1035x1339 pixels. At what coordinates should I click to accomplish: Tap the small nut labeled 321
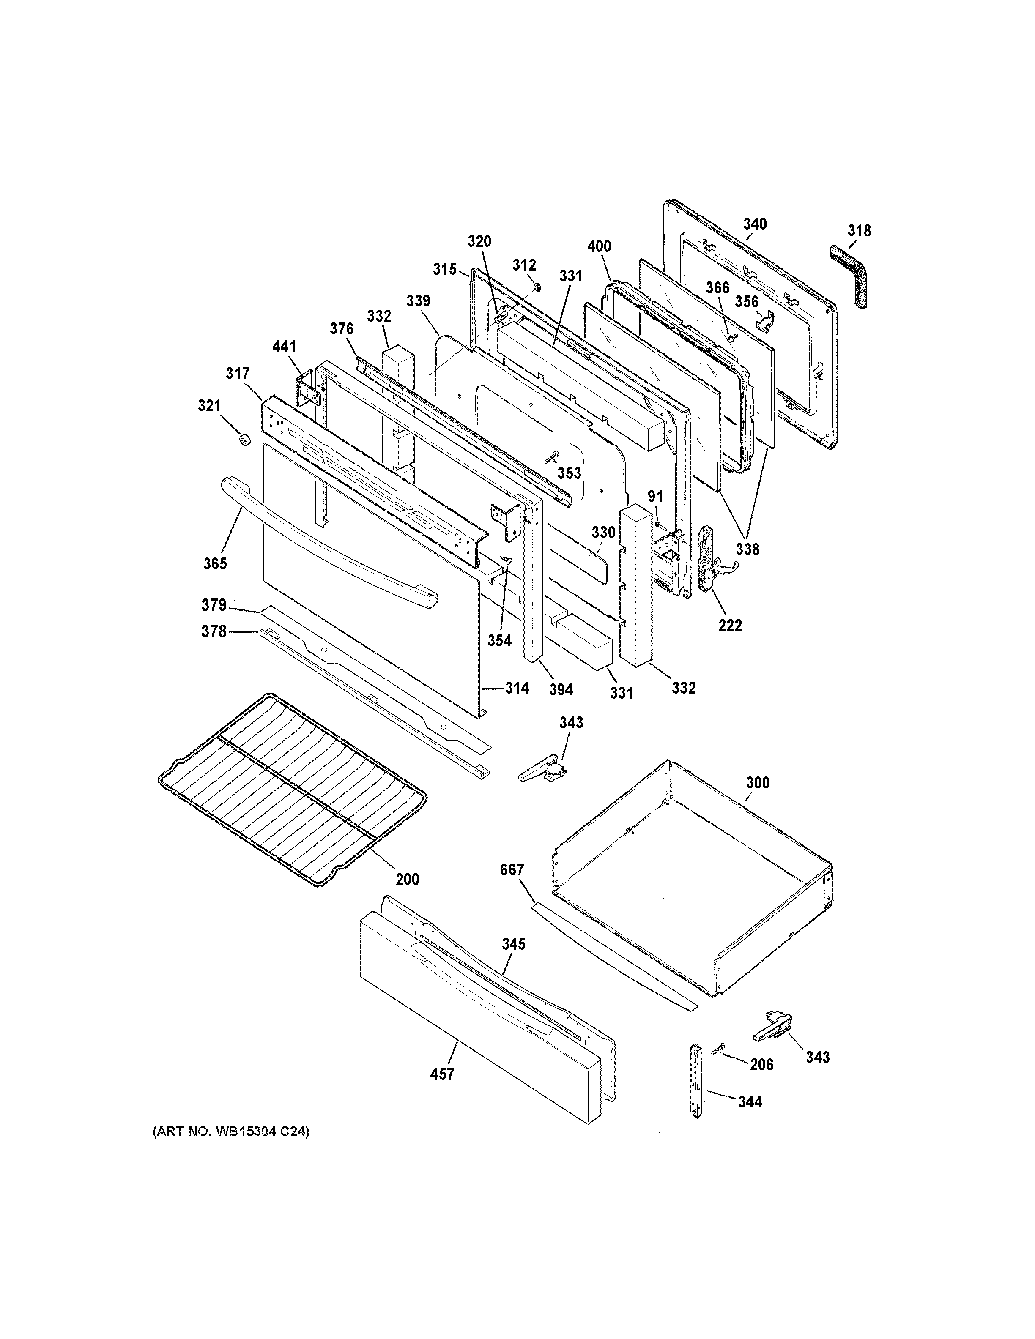pos(245,440)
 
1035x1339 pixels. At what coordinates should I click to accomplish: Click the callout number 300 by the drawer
pos(758,782)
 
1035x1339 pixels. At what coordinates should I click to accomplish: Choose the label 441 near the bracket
pos(284,347)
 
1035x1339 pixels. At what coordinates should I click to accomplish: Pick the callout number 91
pos(655,496)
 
